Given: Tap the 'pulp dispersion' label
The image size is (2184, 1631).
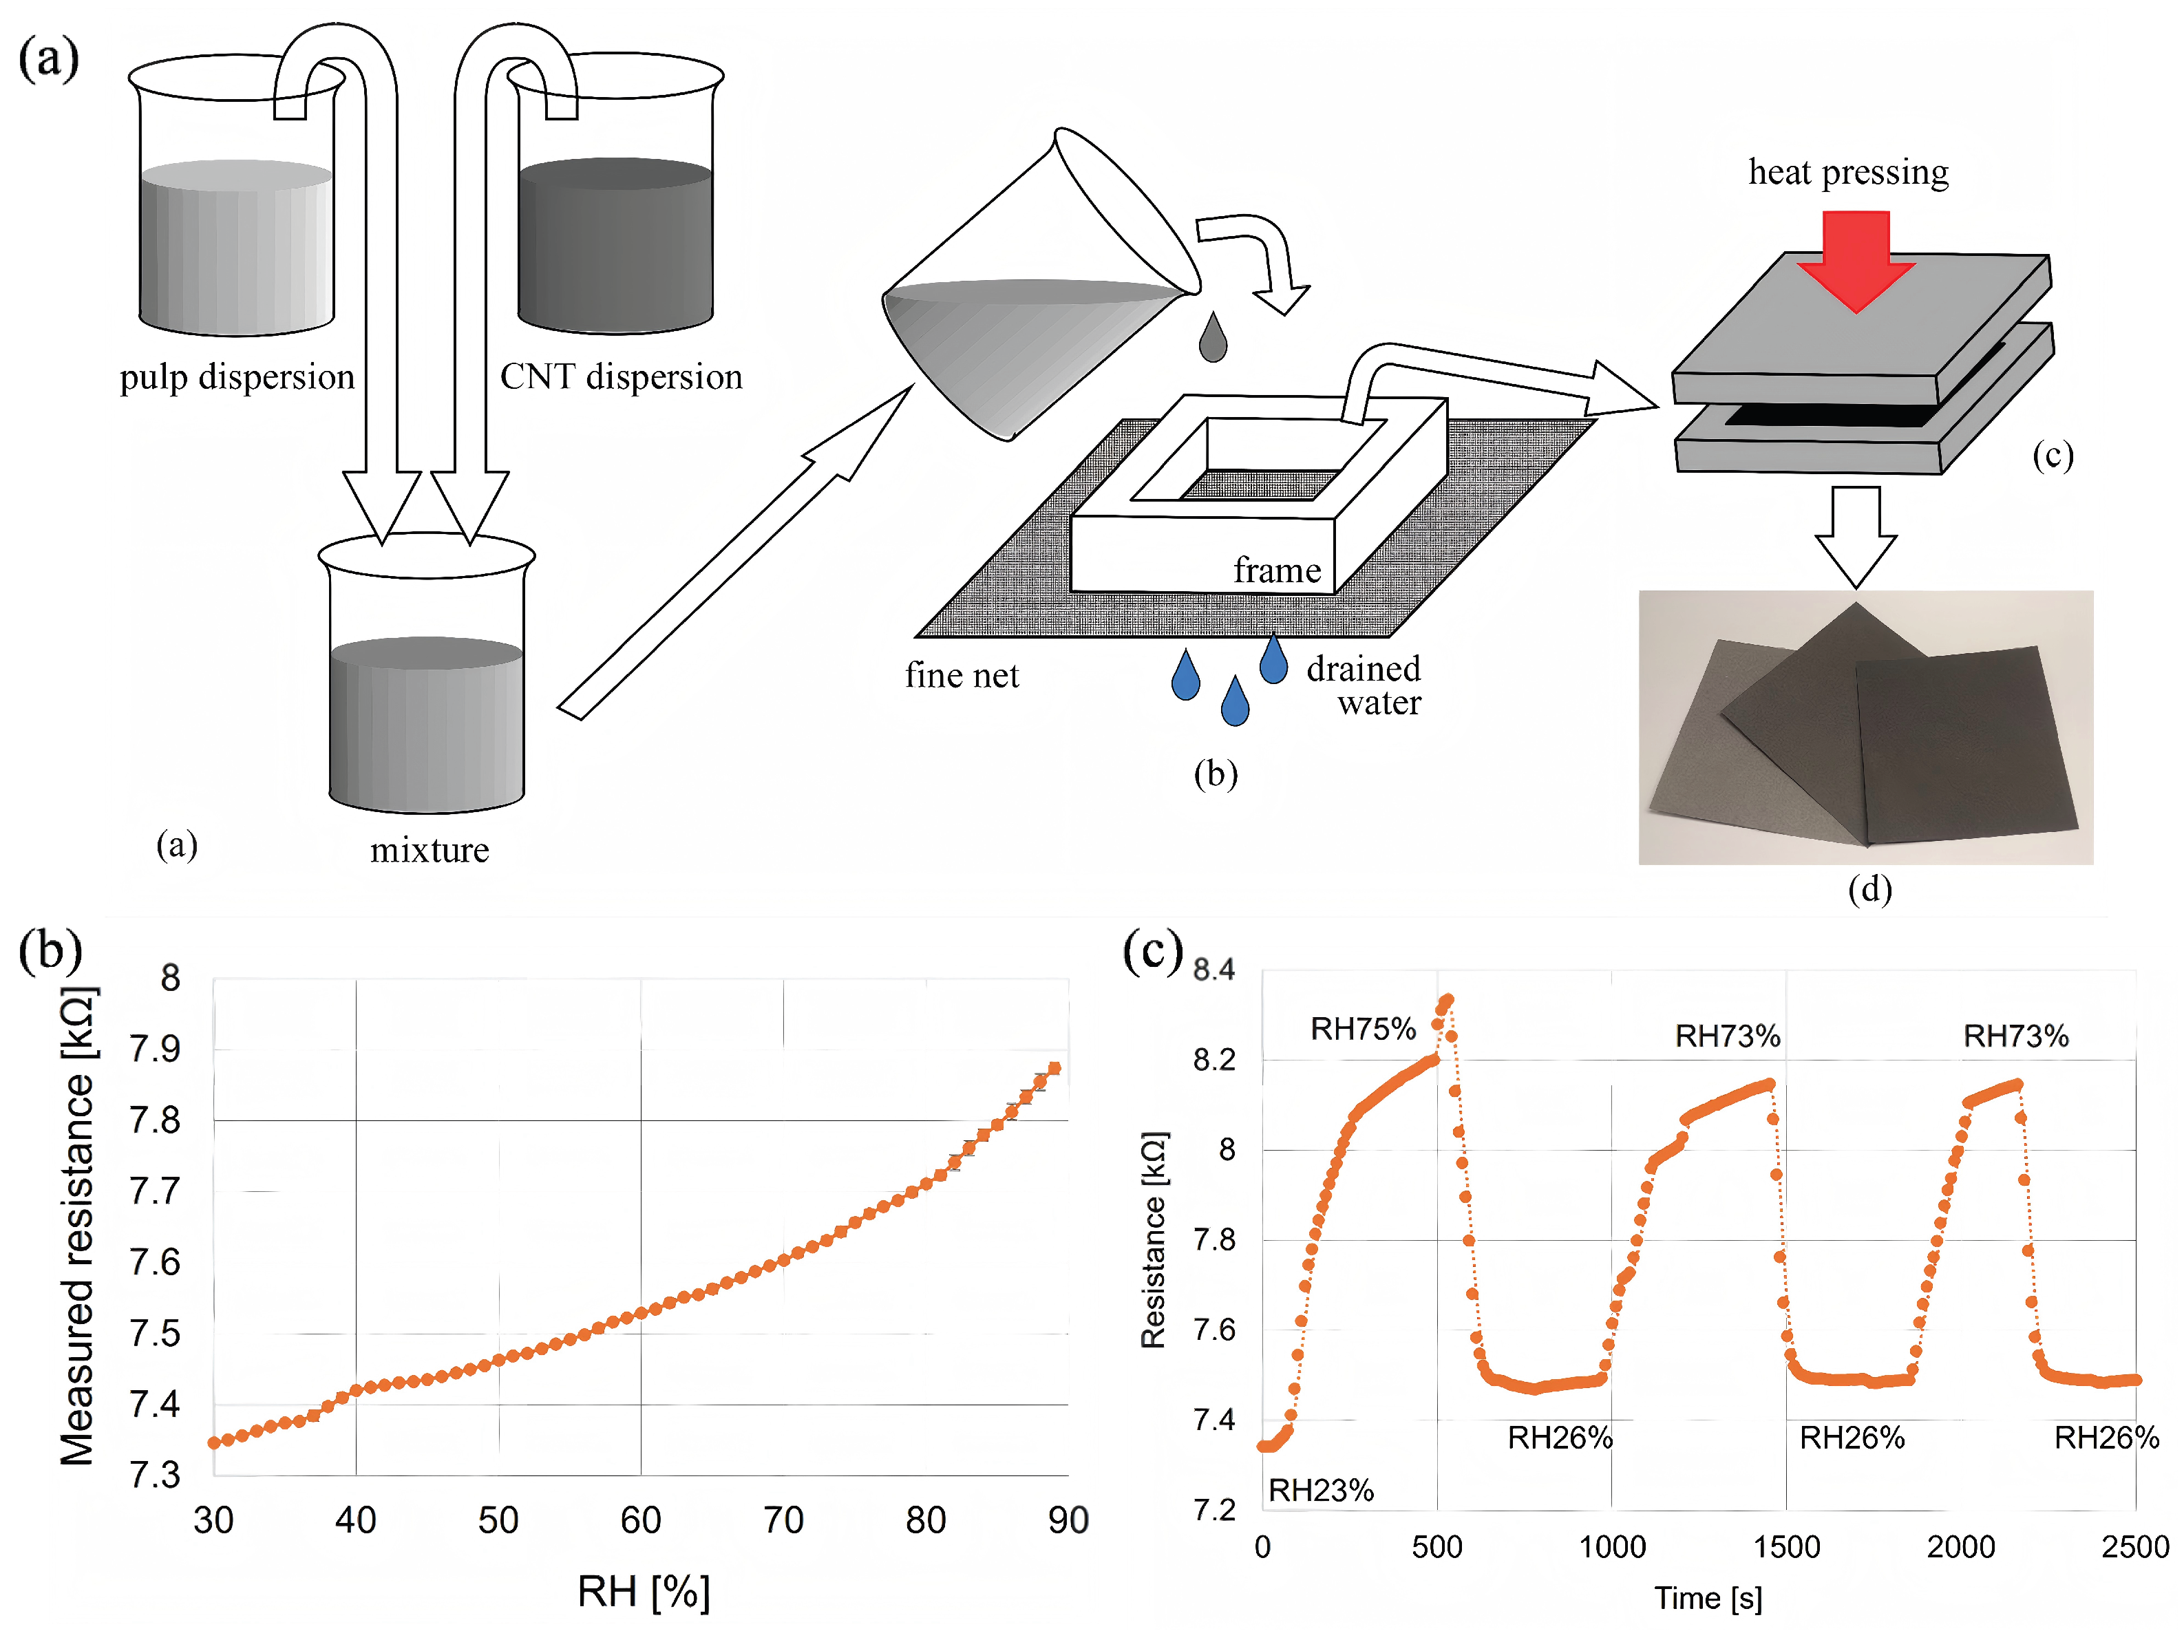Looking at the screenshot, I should click(237, 377).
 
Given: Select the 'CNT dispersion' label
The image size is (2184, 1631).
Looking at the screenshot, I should click(621, 377).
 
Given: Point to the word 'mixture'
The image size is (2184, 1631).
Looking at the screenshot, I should click(430, 850).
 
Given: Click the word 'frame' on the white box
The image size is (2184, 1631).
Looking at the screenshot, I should click(1277, 571).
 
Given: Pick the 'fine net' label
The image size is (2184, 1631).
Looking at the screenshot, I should click(962, 675).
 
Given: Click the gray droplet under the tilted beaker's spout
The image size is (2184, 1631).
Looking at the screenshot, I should click(1213, 338).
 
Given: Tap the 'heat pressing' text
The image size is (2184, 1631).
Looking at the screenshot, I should click(1848, 172).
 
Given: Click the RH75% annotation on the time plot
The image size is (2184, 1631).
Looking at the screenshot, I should click(1363, 1030).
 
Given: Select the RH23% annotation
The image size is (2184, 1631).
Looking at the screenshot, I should click(1320, 1490).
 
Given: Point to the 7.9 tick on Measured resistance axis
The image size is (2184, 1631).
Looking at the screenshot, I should click(156, 1049).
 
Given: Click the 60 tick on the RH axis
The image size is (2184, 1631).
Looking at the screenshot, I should click(641, 1520).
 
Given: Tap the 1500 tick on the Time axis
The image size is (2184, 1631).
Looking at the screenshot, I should click(1786, 1546).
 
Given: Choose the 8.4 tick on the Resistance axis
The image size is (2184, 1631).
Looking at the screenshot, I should click(1213, 970).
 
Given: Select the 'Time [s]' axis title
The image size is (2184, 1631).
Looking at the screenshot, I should click(1708, 1597).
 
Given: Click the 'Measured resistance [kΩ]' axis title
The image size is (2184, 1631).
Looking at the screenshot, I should click(77, 1224).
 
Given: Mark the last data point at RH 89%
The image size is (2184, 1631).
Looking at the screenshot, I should click(1054, 1068).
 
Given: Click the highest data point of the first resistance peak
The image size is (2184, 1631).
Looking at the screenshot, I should click(1448, 1000).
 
